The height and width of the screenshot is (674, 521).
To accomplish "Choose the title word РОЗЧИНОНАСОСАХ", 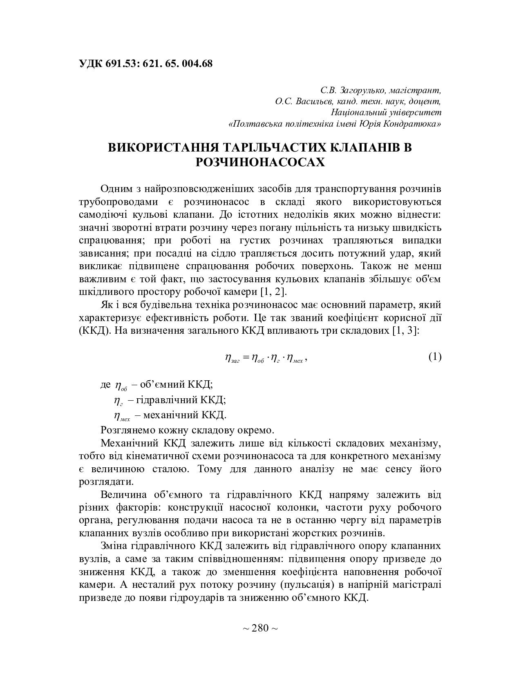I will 260,163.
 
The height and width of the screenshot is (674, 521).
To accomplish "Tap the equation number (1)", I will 435,357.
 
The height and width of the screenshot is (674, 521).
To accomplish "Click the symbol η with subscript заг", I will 232,358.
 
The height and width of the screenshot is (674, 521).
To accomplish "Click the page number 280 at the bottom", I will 260,628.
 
